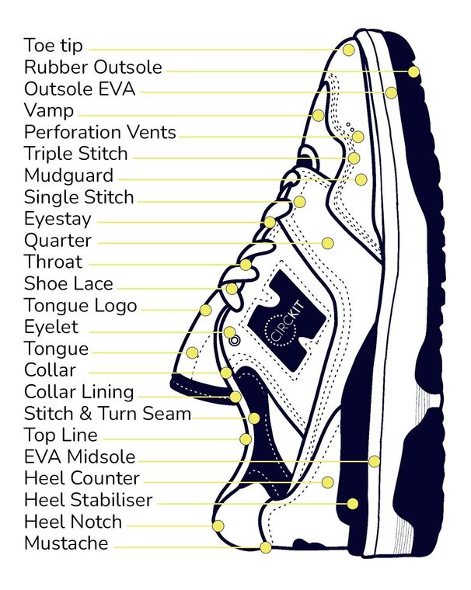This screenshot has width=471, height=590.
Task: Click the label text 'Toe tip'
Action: (x=53, y=46)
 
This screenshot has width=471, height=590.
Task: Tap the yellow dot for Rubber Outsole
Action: (x=413, y=71)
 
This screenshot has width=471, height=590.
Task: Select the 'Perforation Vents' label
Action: (x=100, y=132)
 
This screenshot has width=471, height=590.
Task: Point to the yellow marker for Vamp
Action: (x=319, y=115)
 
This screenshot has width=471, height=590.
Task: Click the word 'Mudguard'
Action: (x=68, y=175)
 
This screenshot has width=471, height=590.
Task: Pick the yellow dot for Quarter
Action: (x=327, y=243)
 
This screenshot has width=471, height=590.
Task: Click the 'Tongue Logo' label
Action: (x=80, y=306)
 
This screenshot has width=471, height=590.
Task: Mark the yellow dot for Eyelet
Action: (x=230, y=332)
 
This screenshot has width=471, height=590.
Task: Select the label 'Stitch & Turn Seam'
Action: (x=107, y=414)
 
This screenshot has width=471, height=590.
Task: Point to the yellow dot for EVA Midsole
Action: (x=375, y=461)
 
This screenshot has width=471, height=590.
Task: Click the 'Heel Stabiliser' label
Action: (x=88, y=500)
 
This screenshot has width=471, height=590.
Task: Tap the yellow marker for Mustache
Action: (x=266, y=547)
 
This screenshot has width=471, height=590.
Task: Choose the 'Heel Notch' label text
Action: (x=73, y=522)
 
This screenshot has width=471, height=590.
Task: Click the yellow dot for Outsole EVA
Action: (x=391, y=93)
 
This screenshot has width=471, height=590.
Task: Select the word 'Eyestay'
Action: (x=58, y=219)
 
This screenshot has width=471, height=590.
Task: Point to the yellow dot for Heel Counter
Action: (x=327, y=482)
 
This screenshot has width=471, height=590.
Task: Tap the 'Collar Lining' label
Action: (x=78, y=392)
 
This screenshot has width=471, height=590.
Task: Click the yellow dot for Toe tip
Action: (x=349, y=49)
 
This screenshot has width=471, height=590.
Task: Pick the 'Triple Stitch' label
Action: (x=75, y=154)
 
